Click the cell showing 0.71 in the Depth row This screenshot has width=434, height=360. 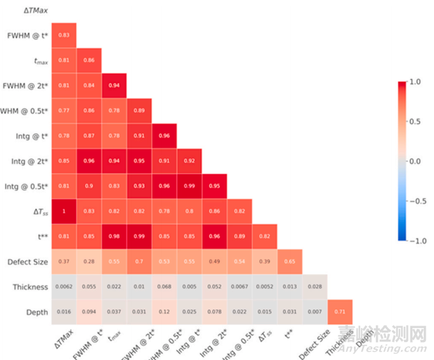coord(340,311)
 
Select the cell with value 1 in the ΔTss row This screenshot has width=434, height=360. coord(64,211)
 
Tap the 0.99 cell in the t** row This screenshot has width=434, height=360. coord(139,236)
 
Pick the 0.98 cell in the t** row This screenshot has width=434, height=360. coord(114,236)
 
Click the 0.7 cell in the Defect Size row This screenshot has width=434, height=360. coord(139,261)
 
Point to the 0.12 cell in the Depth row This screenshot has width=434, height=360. coord(164,311)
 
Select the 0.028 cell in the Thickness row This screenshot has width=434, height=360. coord(315,286)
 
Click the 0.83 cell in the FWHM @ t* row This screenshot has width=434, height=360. coord(64,35)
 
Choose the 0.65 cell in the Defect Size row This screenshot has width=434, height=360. coord(290,261)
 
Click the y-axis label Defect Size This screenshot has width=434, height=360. coord(27,262)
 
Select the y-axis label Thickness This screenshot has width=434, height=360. coord(31,287)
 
